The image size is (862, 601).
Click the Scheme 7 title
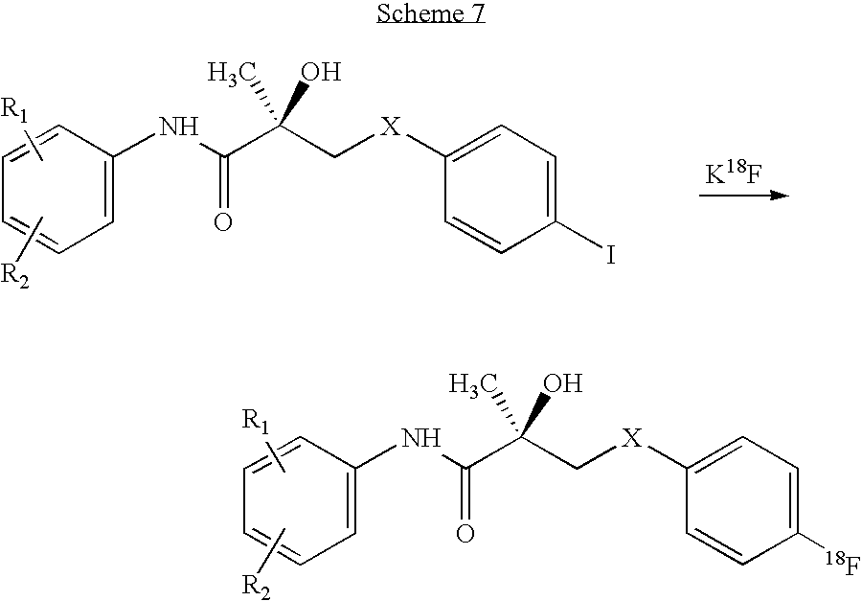click(x=431, y=15)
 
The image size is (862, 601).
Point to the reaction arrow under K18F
click(x=742, y=196)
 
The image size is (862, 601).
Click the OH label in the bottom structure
click(x=564, y=385)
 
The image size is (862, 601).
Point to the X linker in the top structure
click(x=391, y=127)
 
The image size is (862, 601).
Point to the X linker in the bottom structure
click(x=632, y=438)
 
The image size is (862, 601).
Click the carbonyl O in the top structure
click(x=223, y=222)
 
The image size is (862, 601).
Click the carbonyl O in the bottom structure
click(x=465, y=533)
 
